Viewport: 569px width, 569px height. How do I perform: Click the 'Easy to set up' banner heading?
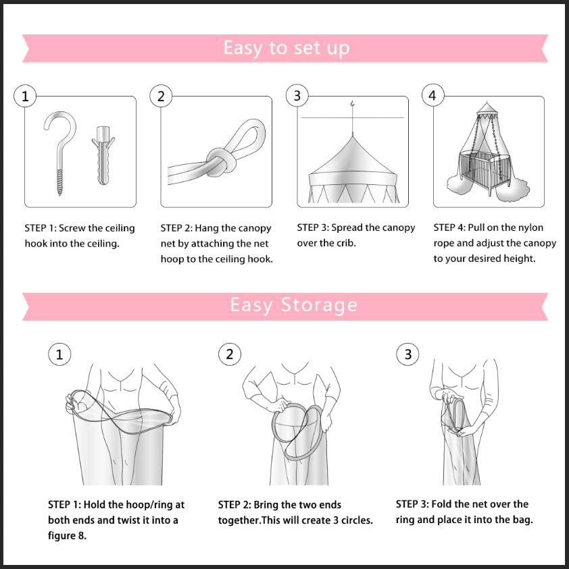[287, 48]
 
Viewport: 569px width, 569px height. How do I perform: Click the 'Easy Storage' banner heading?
[293, 305]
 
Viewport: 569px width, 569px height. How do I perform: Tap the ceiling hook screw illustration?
[60, 153]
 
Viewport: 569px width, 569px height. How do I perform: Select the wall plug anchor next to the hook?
[103, 155]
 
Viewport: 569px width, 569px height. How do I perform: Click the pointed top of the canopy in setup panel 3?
[353, 137]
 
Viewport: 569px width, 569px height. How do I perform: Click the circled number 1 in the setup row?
[25, 96]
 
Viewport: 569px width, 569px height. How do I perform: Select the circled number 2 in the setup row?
[161, 96]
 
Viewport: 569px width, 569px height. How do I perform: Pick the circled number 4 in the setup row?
[432, 95]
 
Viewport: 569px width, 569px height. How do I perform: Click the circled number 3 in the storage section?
[407, 354]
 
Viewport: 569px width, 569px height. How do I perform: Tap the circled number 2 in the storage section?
[230, 354]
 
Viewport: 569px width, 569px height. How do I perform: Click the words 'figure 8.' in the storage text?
[67, 536]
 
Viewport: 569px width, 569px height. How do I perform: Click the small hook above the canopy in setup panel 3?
[352, 104]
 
